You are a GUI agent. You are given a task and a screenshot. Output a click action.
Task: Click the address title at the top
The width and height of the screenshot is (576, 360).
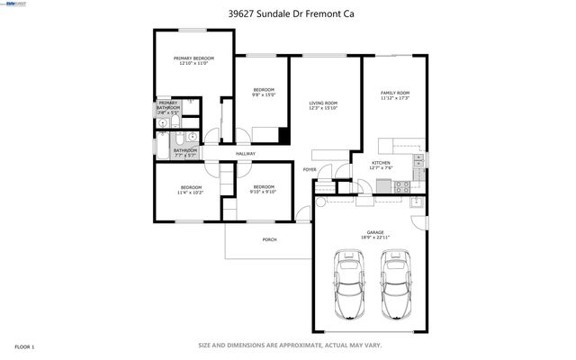click(x=287, y=13)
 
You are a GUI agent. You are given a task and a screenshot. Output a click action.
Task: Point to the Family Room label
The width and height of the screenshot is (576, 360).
click(x=395, y=94)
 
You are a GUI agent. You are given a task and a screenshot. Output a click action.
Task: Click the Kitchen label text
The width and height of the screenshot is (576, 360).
click(x=382, y=164)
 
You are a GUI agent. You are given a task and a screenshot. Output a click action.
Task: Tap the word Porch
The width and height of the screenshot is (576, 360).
click(x=269, y=239)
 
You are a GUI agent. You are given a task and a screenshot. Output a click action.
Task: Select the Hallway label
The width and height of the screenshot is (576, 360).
click(x=245, y=154)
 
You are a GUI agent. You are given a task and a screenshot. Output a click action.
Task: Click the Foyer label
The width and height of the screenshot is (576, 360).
click(x=310, y=168)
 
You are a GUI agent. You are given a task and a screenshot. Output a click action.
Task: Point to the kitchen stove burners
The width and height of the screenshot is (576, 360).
click(x=402, y=187)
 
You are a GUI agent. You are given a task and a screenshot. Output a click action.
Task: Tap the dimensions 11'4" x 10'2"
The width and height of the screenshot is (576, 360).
click(x=190, y=192)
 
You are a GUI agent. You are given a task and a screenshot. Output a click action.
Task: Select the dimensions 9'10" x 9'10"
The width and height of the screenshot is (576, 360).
click(x=263, y=191)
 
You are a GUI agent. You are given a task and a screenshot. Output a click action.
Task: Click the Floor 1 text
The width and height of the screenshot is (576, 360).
click(x=25, y=346)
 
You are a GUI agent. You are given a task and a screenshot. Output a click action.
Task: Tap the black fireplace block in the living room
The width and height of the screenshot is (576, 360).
click(x=283, y=136)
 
